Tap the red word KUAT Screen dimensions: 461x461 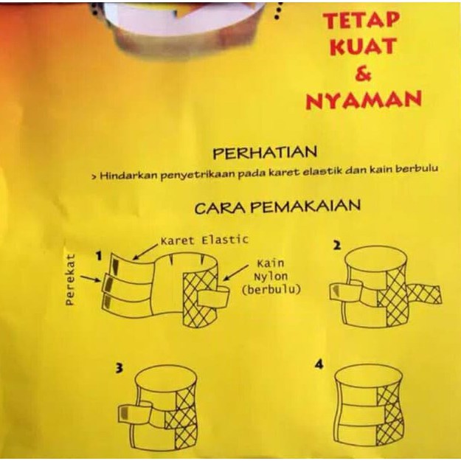coord(362,46)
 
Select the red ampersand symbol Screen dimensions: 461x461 coord(364,73)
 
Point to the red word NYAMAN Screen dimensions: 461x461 coord(364,100)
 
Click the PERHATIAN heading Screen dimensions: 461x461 coord(265,153)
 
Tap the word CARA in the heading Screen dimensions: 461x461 coord(222,207)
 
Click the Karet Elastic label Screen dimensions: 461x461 coord(204,240)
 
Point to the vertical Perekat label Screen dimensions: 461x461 coord(69,279)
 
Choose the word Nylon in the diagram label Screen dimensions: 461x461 coord(271,277)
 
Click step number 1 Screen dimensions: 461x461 coord(99,257)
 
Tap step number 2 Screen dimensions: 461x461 coord(337,245)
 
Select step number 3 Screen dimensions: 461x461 coord(119,369)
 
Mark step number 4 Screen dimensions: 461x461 coord(319,365)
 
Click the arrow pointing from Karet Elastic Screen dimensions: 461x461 coord(145,252)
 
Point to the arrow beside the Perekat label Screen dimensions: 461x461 coord(91,278)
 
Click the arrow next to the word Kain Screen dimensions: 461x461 coord(235,273)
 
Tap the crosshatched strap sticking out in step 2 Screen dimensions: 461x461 coord(424,294)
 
